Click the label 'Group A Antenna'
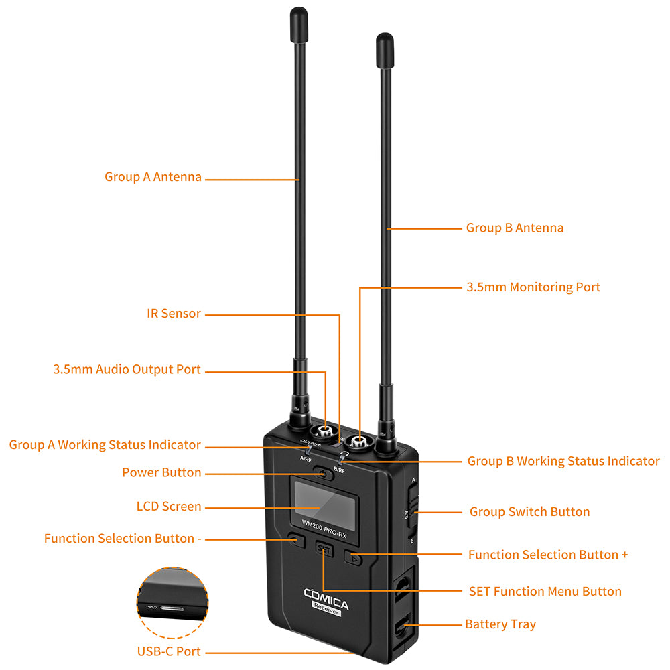pos(153,177)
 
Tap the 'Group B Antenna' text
pos(515,228)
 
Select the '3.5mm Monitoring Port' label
pos(533,287)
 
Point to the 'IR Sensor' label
pos(174,313)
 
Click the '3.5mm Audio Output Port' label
pos(127,369)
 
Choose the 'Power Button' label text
pos(161,472)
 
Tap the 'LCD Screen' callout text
pos(169,506)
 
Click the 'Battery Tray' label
pos(500,624)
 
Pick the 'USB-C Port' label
pos(169,651)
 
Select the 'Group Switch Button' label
pos(529,511)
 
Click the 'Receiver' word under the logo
pos(326,608)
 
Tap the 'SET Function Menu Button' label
pos(545,591)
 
